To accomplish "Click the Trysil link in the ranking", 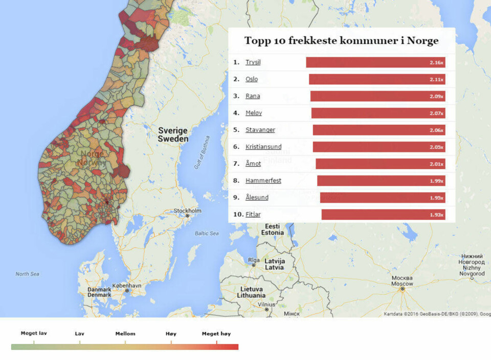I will (x=253, y=62).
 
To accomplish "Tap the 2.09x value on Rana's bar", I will (x=436, y=96).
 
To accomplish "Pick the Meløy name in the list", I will (x=253, y=113).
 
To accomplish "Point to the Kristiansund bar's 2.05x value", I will (x=436, y=147).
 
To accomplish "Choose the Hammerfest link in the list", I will (x=263, y=181).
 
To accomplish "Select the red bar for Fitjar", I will (x=383, y=215).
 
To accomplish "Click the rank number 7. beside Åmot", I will (x=236, y=164).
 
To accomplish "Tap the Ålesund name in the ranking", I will (x=257, y=197).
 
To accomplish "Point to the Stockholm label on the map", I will (x=188, y=211).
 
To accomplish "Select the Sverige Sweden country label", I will (x=172, y=134).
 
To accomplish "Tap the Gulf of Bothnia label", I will (x=202, y=152).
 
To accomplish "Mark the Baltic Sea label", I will (x=206, y=233).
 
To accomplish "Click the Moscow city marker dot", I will (x=403, y=289).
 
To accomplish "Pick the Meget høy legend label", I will (x=216, y=334).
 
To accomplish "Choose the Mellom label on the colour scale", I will (x=125, y=334).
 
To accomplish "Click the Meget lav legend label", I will (x=34, y=333).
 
